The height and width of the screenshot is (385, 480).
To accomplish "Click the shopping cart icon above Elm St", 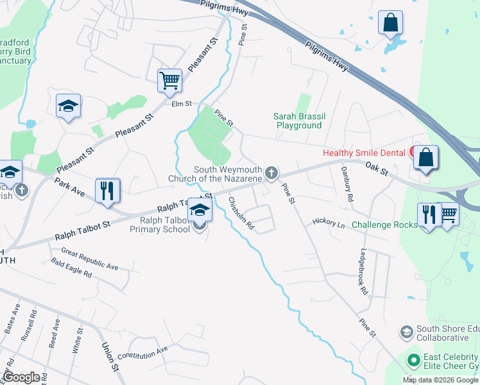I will pyautogui.click(x=170, y=80).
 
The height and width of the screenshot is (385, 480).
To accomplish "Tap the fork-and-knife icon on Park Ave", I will pyautogui.click(x=108, y=189).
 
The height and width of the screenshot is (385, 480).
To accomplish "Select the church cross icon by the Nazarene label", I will pyautogui.click(x=272, y=172).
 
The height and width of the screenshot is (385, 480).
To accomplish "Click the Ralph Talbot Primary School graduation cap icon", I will pyautogui.click(x=200, y=209).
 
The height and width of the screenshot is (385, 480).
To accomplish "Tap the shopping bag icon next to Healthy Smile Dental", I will pyautogui.click(x=425, y=157).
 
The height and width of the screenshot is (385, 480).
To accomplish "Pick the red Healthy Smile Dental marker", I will pyautogui.click(x=411, y=153).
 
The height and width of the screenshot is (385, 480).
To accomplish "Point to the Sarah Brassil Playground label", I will pyautogui.click(x=299, y=121).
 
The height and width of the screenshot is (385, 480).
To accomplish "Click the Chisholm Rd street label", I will pyautogui.click(x=242, y=213).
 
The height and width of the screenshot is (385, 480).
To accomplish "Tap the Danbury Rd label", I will pyautogui.click(x=347, y=185).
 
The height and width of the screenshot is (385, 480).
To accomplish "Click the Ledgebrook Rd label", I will pyautogui.click(x=364, y=271).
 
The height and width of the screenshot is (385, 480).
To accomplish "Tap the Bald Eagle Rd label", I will pyautogui.click(x=72, y=269).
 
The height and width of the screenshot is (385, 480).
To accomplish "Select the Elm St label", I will pyautogui.click(x=182, y=103).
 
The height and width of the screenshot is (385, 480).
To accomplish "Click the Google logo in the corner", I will pyautogui.click(x=21, y=377).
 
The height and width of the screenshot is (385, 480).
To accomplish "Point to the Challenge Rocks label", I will pyautogui.click(x=383, y=225).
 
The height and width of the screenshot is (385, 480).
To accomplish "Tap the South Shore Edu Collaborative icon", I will pyautogui.click(x=406, y=332).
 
